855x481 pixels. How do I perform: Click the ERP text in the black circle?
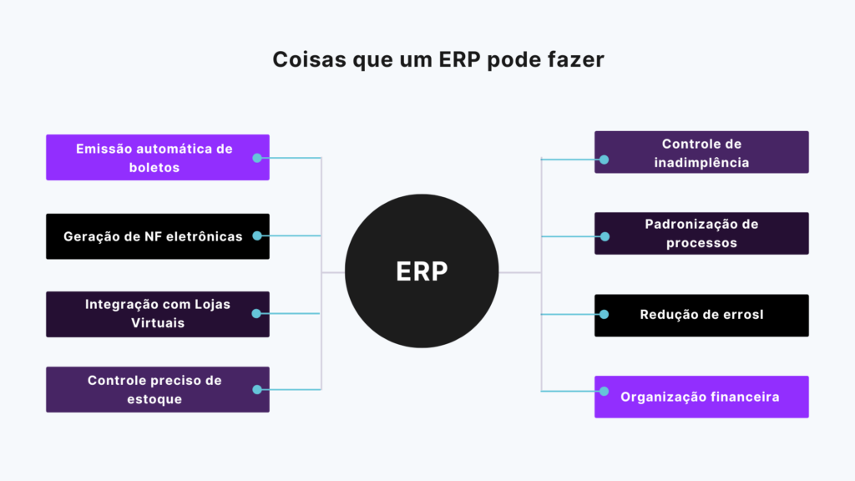click(422, 272)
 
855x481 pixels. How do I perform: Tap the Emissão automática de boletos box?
click(158, 157)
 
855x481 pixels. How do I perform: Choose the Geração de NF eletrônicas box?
click(158, 236)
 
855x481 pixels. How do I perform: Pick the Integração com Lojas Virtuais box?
click(158, 314)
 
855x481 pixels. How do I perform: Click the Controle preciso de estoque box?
click(158, 389)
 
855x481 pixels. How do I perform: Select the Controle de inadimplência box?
click(701, 153)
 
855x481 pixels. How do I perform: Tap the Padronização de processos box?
click(701, 234)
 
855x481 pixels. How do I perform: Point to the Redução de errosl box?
click(701, 315)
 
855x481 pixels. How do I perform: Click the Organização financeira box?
click(701, 397)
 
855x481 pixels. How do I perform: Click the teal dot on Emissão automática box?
click(257, 157)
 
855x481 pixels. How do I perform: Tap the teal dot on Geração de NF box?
click(257, 236)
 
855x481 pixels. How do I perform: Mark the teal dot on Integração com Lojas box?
click(257, 314)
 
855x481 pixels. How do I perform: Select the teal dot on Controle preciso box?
click(257, 389)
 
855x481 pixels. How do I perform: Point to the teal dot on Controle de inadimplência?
click(605, 159)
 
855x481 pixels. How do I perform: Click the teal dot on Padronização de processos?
click(605, 236)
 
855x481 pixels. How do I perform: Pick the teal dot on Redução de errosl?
click(605, 315)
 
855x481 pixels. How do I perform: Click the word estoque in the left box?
click(155, 399)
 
